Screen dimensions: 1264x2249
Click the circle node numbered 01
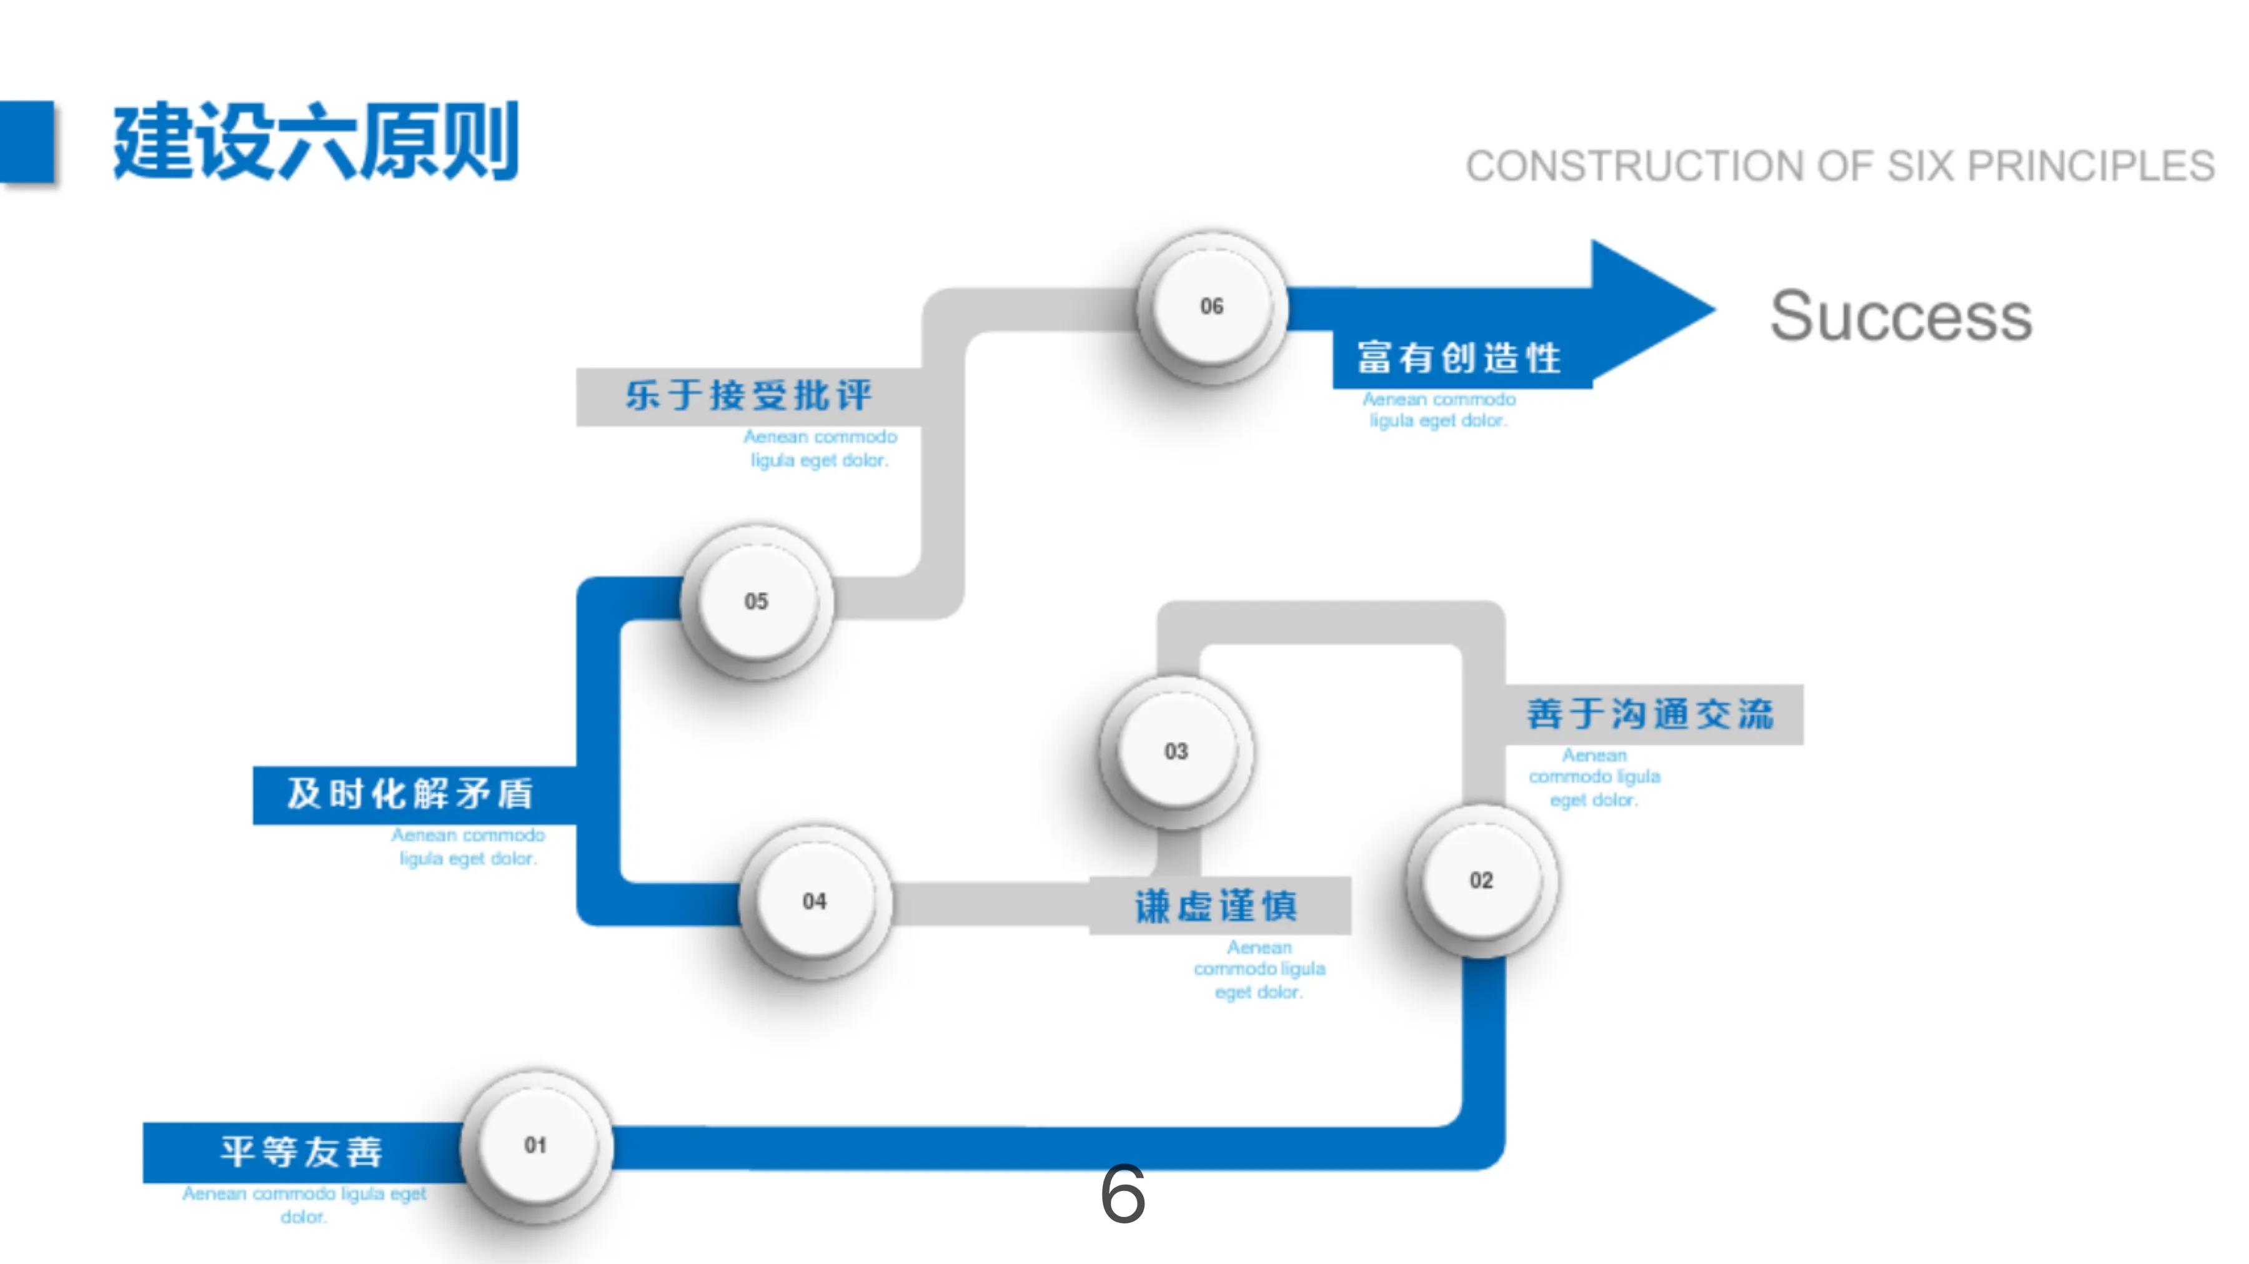coord(535,1145)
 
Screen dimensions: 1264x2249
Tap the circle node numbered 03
coord(1175,751)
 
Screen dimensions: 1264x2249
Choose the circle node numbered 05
coord(756,601)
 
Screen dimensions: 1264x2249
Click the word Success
coord(1900,316)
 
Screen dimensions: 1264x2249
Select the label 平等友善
coord(301,1152)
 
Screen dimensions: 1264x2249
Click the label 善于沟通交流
coord(1650,714)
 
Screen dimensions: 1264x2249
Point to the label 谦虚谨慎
coord(1216,906)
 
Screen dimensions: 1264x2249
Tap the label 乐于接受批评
coord(748,395)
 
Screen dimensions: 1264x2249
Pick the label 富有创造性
coord(1459,358)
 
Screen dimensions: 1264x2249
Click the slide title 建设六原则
coord(316,141)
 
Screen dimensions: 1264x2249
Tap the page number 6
coord(1122,1194)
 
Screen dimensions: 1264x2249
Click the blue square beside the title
coord(26,141)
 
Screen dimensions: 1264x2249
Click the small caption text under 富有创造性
coord(1438,410)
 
